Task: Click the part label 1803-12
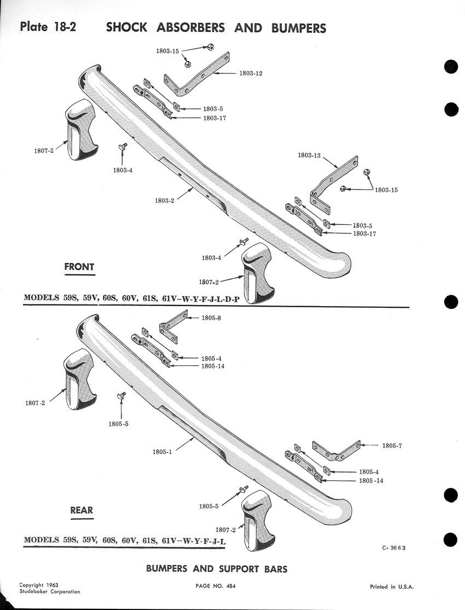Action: pyautogui.click(x=251, y=73)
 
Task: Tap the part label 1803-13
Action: pyautogui.click(x=309, y=155)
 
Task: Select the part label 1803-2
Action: pyautogui.click(x=165, y=200)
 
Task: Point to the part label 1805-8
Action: pyautogui.click(x=211, y=318)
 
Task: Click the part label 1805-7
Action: pyautogui.click(x=392, y=446)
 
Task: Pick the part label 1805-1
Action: pyautogui.click(x=162, y=452)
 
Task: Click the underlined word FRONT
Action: pyautogui.click(x=79, y=267)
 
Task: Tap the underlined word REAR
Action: pyautogui.click(x=82, y=510)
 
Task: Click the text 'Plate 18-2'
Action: pyautogui.click(x=48, y=27)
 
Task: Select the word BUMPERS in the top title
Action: pyautogui.click(x=299, y=28)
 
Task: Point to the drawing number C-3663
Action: pyautogui.click(x=393, y=548)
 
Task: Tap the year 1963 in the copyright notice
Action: pyautogui.click(x=51, y=585)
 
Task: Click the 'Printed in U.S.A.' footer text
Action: pyautogui.click(x=392, y=587)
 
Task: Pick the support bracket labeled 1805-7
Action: pyautogui.click(x=336, y=451)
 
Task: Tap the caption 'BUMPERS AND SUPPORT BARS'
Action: pyautogui.click(x=217, y=569)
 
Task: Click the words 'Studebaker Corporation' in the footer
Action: pyautogui.click(x=49, y=592)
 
